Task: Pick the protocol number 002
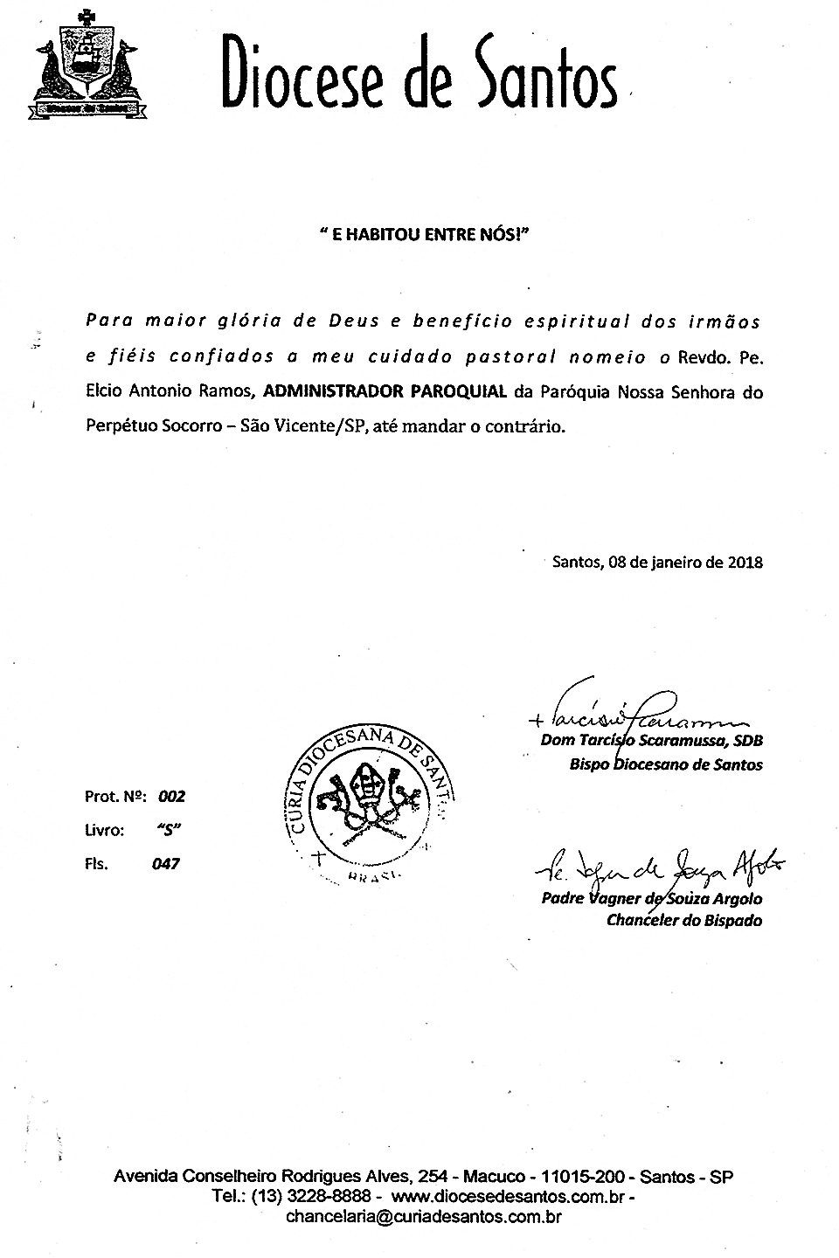click(x=171, y=797)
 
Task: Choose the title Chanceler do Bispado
click(x=684, y=920)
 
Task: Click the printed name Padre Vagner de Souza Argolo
click(x=651, y=899)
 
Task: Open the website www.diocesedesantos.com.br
click(x=508, y=1196)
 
